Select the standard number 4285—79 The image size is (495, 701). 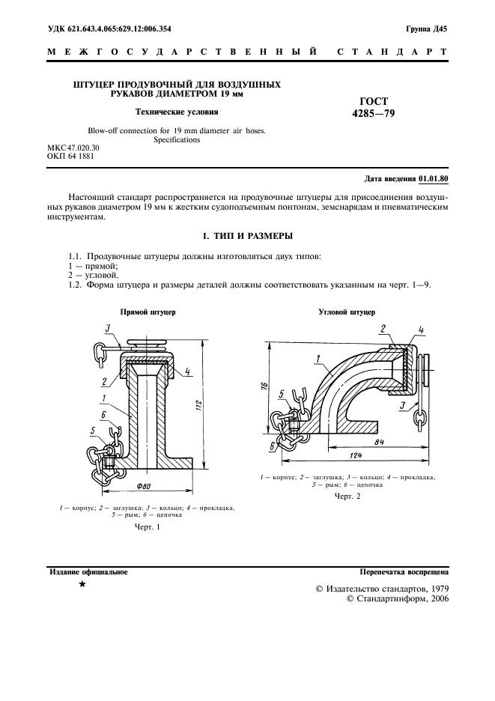[x=374, y=114]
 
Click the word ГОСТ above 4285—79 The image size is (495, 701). [x=374, y=101]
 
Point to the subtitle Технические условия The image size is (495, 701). [x=176, y=113]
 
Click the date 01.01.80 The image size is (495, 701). [x=432, y=179]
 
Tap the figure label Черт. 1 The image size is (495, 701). [x=148, y=529]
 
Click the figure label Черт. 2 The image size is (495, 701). [x=347, y=496]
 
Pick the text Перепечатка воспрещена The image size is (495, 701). [x=404, y=571]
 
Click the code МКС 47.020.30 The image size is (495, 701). [x=73, y=148]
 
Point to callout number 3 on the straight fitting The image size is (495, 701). [x=108, y=327]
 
